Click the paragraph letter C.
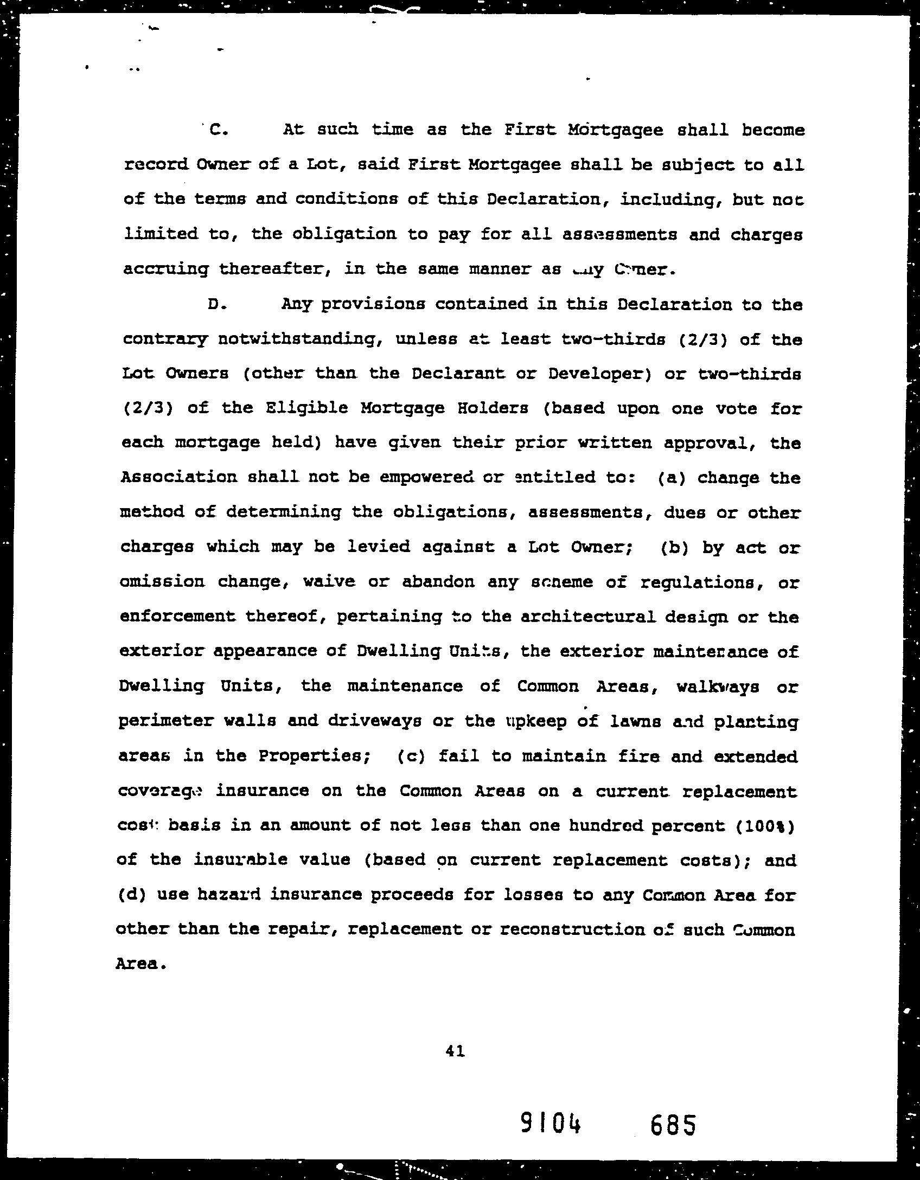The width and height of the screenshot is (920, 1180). [x=215, y=130]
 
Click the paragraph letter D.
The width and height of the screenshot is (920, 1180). [x=215, y=304]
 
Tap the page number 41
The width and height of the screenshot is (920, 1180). [x=455, y=1051]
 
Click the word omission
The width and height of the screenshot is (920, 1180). [x=162, y=582]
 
